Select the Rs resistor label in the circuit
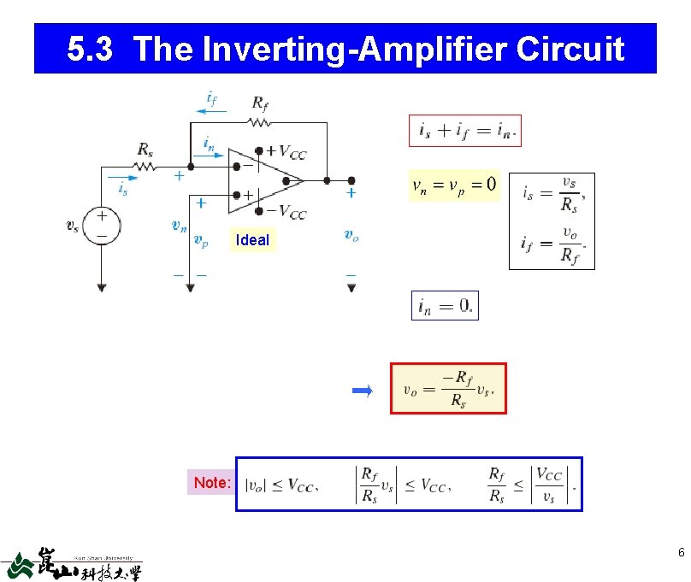145,150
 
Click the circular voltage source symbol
102,226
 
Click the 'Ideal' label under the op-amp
252,240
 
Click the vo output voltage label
351,234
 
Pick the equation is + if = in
464,131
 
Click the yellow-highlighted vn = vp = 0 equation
453,185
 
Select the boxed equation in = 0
445,305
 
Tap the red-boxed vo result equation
448,389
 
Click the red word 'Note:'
212,483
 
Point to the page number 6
681,553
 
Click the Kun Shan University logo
72,564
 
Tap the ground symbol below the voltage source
102,288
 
